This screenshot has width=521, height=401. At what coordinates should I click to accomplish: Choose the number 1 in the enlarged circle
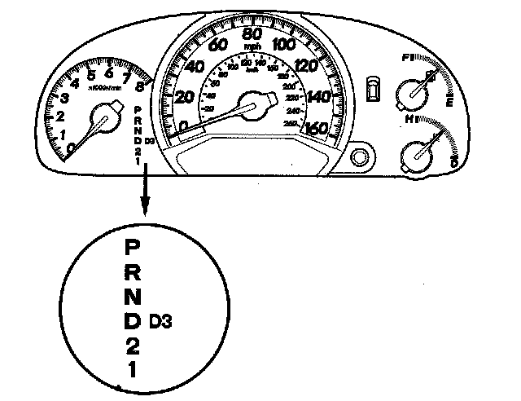point(132,369)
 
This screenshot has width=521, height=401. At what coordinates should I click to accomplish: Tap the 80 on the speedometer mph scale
point(253,35)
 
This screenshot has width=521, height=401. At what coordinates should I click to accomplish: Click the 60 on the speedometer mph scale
point(218,45)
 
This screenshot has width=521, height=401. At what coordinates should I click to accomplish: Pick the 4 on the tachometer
point(75,82)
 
